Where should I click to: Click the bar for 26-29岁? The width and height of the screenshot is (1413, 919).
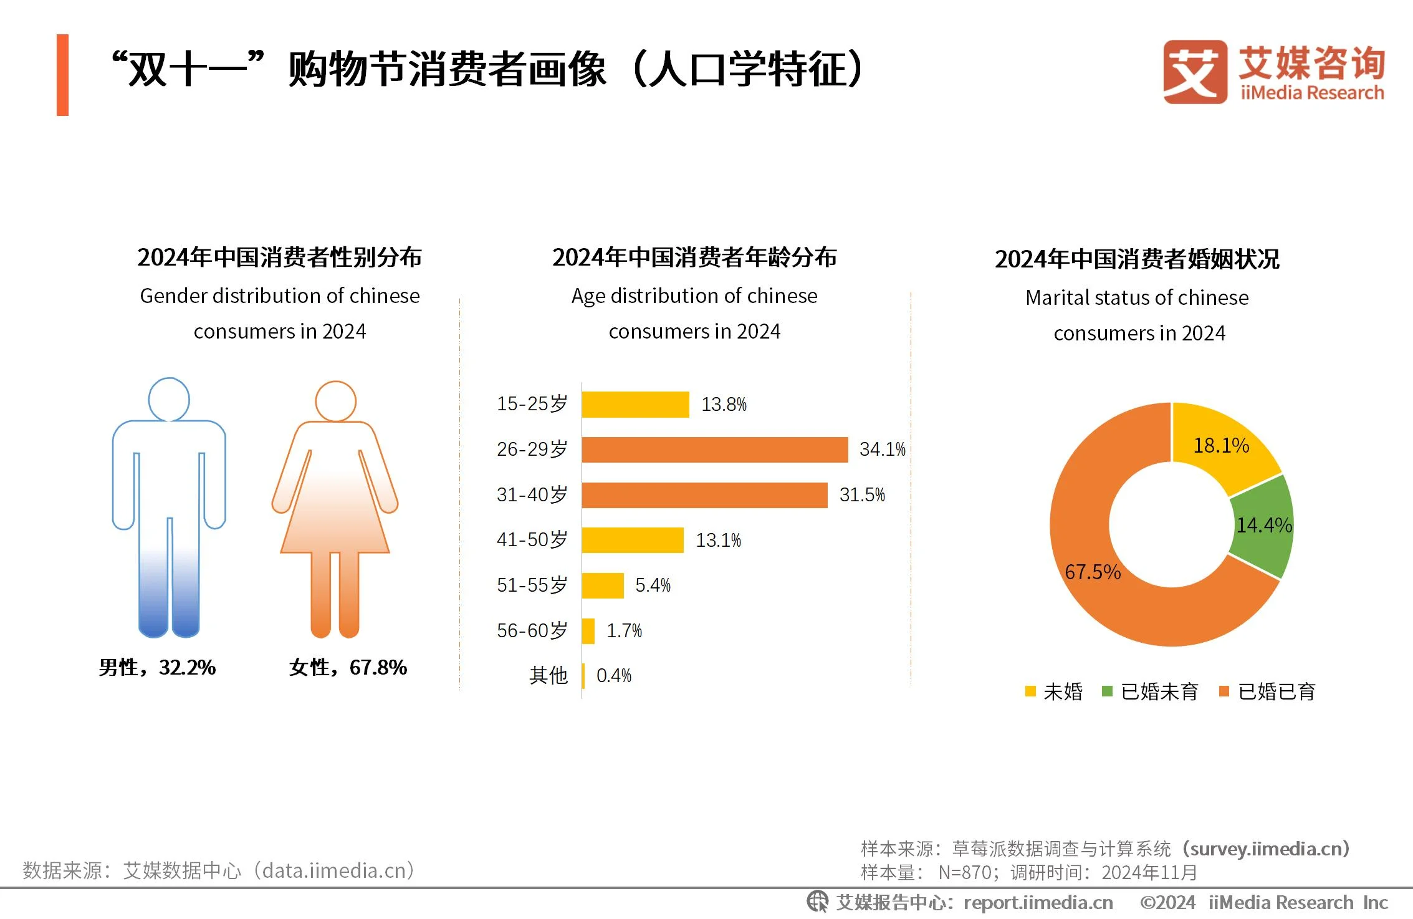point(714,450)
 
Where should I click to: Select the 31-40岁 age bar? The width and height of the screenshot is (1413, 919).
point(704,495)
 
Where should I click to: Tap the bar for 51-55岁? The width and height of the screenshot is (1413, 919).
point(603,585)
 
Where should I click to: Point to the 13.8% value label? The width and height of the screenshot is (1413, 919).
point(724,405)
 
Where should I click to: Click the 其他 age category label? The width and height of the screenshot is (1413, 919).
point(548,675)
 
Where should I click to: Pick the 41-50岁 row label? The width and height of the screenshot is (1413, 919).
point(532,540)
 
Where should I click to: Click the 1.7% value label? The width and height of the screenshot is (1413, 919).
point(624,631)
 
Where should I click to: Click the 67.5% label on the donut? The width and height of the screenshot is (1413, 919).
point(1092,572)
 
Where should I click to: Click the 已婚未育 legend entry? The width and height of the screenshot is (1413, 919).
point(1151,691)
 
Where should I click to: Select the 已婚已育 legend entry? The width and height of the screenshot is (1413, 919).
point(1268,691)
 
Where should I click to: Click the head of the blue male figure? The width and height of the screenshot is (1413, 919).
point(169,400)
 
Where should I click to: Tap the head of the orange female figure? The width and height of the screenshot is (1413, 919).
point(335,402)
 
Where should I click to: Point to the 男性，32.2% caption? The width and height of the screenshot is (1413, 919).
point(157,668)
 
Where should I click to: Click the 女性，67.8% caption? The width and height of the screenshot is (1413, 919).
point(348,668)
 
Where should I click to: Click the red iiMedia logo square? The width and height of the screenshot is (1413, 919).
point(1194,72)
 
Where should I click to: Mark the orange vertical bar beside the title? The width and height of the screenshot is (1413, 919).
point(62,75)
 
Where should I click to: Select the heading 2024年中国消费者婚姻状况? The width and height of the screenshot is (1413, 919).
point(1137,259)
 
